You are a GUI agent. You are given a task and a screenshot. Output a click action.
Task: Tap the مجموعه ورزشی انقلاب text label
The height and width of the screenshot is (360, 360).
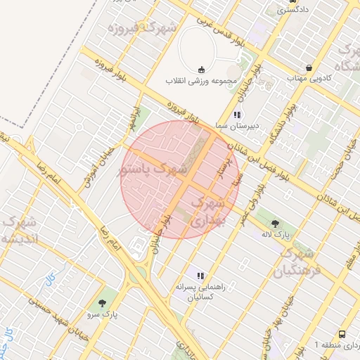coord(202,81)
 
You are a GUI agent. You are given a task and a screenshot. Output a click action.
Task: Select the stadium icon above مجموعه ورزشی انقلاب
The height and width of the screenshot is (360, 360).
coord(202,69)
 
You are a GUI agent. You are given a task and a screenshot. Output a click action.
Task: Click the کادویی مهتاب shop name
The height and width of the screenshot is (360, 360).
coord(309,79)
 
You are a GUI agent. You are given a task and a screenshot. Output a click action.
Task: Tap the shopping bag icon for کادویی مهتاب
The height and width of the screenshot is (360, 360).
coord(309,68)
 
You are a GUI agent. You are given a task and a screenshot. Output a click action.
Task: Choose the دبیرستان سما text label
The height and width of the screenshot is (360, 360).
coord(237,127)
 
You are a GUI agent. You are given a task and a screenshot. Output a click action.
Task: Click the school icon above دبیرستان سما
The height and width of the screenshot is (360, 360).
coord(237,115)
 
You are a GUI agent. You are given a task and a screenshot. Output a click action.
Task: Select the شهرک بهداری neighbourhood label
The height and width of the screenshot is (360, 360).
coord(209,212)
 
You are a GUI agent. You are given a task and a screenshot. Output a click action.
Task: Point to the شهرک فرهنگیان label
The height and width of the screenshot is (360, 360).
coord(295,262)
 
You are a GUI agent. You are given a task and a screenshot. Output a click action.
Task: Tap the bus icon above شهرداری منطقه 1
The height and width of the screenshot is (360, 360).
coord(342,334)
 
